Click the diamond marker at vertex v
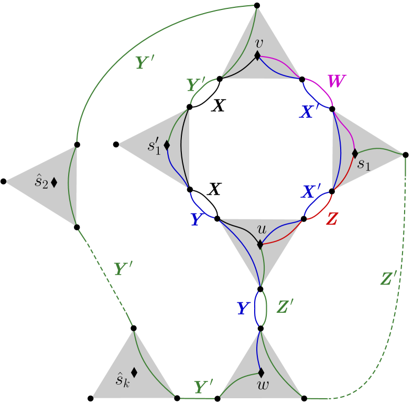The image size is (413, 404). pos(258,55)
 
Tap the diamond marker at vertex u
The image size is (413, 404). pos(260,244)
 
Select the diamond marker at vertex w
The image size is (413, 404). pos(260,373)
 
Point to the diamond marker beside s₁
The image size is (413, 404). pos(355,154)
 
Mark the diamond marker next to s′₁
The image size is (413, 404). pos(167,145)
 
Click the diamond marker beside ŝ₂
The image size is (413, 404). pos(54,182)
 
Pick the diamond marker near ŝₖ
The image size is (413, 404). pos(134,373)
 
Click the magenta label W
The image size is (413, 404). pos(336,82)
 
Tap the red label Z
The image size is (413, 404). pos(331,219)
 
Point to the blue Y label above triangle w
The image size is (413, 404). pos(242,308)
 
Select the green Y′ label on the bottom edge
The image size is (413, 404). pos(203,388)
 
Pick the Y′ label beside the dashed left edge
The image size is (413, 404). pos(124,269)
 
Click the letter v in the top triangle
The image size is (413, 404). pos(258,43)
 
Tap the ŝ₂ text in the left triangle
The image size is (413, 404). pos(41,182)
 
